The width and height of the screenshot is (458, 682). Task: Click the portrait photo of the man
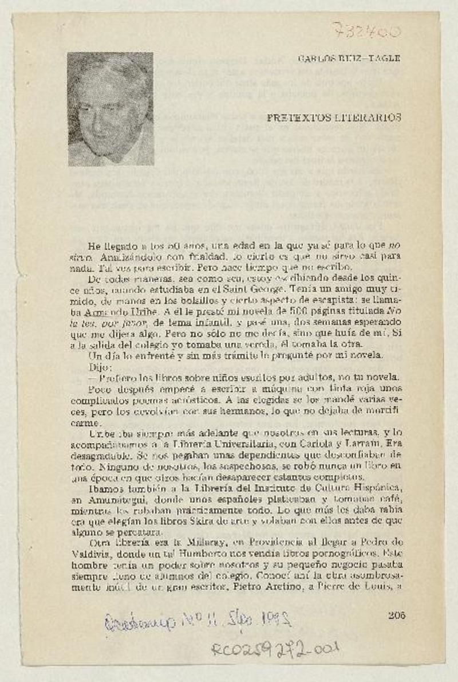pos(110,109)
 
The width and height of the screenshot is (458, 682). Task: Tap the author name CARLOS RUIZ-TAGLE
pos(349,58)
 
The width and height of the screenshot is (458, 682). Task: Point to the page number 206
pos(396,616)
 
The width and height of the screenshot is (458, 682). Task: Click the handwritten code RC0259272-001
pos(274,649)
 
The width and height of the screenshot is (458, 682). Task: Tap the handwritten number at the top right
pos(366,30)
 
